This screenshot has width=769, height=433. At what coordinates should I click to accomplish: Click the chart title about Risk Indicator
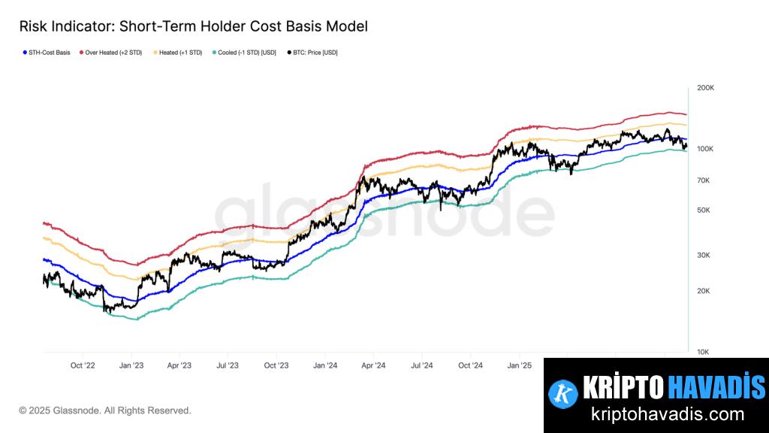[193, 26]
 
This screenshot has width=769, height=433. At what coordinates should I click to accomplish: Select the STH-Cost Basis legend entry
[47, 53]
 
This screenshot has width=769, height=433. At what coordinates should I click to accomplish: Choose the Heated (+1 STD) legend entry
[178, 53]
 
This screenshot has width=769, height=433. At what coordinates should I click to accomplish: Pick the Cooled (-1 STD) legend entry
[246, 53]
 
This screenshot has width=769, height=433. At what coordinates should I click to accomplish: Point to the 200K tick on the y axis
[705, 88]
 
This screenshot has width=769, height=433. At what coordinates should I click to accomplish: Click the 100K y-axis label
[705, 149]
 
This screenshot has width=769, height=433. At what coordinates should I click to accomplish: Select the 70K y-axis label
[703, 180]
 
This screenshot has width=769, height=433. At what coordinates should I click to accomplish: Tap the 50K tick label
[703, 210]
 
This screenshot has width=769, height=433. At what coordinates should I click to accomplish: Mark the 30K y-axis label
[703, 256]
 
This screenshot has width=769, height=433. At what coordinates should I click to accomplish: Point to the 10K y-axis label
[703, 352]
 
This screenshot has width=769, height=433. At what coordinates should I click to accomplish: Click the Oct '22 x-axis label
[83, 365]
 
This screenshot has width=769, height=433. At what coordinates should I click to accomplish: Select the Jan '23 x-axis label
[131, 365]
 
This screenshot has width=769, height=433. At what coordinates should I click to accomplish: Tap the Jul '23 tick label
[228, 365]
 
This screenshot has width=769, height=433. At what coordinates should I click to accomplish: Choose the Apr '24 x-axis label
[373, 365]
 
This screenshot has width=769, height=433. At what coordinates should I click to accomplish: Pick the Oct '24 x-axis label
[470, 365]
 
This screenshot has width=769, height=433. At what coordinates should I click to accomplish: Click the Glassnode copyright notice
[105, 410]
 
